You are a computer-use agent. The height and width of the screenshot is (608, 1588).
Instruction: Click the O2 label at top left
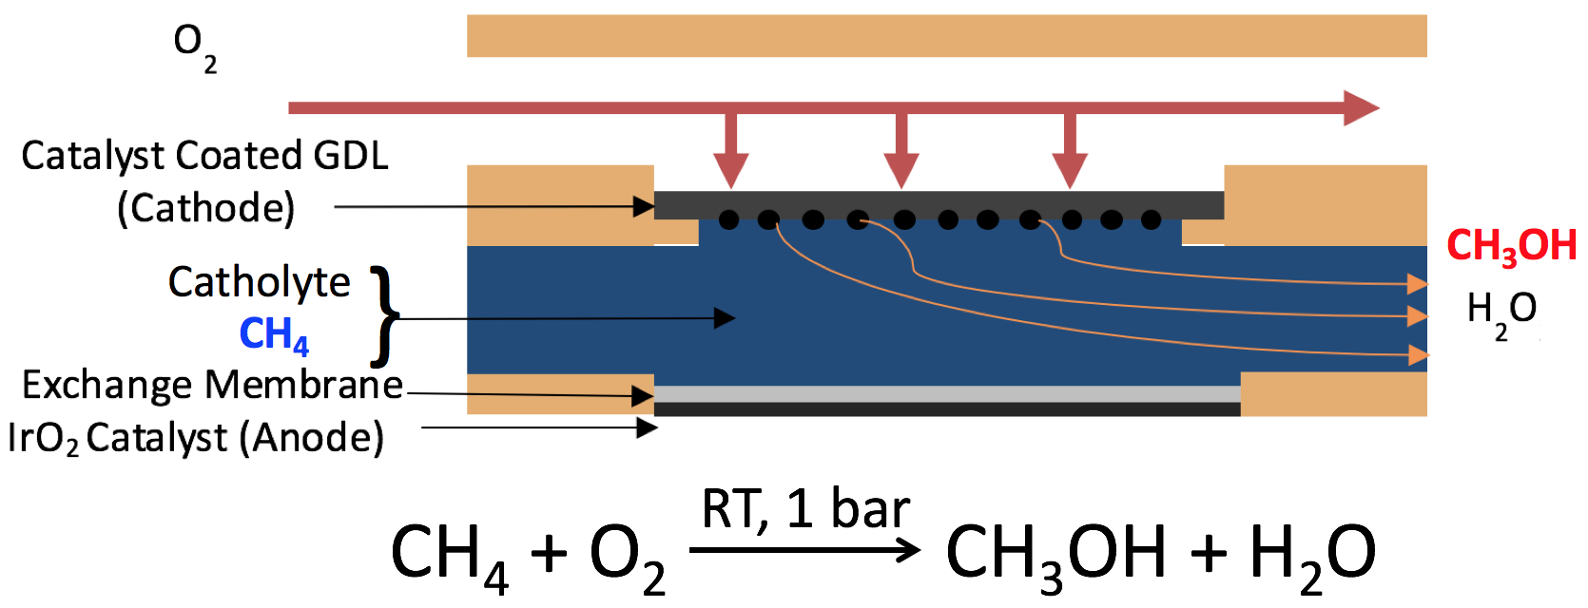tap(194, 47)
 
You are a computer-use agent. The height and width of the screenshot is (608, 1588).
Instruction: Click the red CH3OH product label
tap(1511, 246)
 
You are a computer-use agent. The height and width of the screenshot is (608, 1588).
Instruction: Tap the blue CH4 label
tap(274, 334)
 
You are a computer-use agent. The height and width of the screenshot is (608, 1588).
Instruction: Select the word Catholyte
tap(259, 282)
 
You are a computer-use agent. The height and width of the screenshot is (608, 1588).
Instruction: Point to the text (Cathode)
tap(205, 208)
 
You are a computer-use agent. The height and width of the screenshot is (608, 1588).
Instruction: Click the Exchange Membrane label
tap(212, 385)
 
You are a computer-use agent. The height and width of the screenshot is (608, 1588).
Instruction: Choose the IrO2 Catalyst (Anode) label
tap(196, 438)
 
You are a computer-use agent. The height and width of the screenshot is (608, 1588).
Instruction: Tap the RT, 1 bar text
tap(805, 509)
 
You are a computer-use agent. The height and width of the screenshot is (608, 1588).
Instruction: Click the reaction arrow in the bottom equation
tap(804, 549)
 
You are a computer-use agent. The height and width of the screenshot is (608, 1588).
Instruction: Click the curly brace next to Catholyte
tap(383, 315)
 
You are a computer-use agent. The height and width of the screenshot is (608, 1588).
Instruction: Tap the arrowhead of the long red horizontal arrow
tap(1361, 107)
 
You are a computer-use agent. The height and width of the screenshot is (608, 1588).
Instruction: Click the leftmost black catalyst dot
tap(728, 220)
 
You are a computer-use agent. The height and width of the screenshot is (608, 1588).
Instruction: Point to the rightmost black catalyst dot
tap(1151, 220)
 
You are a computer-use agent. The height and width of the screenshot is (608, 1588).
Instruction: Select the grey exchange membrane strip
tap(947, 393)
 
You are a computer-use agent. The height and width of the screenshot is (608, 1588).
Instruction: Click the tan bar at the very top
tap(946, 36)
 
